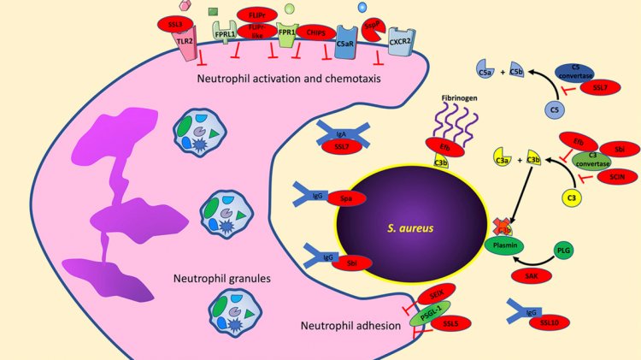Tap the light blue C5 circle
pyautogui.click(x=556, y=110)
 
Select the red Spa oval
pyautogui.click(x=345, y=199)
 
